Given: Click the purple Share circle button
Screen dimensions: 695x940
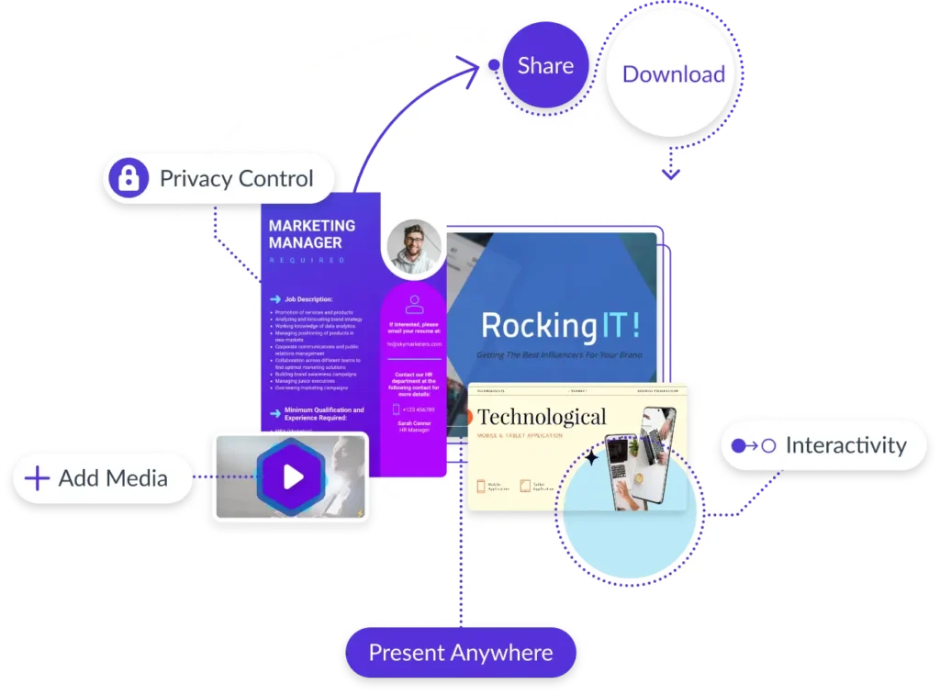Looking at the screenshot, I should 545,66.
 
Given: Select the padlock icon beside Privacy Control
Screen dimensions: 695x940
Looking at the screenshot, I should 129,178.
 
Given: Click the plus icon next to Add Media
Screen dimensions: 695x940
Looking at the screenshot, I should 37,477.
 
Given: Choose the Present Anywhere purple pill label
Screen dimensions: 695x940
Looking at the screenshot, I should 461,653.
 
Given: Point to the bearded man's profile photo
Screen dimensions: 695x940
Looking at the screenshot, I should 414,247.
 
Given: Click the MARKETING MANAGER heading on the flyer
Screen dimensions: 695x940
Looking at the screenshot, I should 312,234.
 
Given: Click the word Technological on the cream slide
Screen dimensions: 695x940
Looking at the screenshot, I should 542,418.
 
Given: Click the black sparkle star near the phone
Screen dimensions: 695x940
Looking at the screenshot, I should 592,456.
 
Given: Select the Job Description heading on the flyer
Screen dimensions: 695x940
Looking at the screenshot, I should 308,299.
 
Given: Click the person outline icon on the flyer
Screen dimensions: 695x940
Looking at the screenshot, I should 414,305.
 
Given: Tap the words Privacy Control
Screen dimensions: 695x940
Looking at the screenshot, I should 236,178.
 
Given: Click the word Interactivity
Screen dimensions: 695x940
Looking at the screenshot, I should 845,446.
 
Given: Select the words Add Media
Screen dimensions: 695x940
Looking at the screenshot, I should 113,477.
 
